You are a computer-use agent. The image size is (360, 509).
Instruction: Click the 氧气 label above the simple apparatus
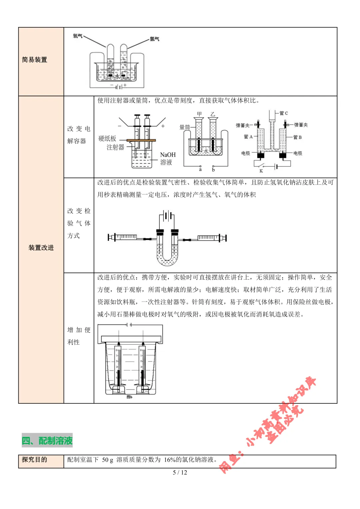click(x=78, y=36)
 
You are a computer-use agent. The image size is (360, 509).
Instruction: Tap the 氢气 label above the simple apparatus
click(x=154, y=39)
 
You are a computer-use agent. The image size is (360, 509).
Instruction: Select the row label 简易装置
click(x=35, y=60)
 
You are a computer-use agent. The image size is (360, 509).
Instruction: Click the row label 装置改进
click(x=41, y=248)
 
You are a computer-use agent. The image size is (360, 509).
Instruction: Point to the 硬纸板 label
click(x=107, y=139)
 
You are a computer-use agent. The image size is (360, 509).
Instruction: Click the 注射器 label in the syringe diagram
click(x=115, y=147)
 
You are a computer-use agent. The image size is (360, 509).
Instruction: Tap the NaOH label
click(x=168, y=155)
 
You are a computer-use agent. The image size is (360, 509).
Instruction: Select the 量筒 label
click(x=185, y=127)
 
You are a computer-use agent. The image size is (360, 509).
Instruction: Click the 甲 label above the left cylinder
click(x=199, y=114)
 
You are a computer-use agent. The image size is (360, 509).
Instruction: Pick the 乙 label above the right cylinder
click(x=213, y=114)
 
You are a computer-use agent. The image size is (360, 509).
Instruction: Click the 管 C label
click(x=284, y=113)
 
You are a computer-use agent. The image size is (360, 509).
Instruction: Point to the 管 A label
click(x=248, y=137)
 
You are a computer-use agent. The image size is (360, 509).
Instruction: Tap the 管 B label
click(x=298, y=137)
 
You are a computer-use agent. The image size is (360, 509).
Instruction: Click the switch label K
click(x=261, y=171)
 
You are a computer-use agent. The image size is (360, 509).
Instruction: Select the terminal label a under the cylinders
click(x=200, y=170)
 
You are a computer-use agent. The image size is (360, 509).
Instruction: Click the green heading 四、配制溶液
click(x=47, y=441)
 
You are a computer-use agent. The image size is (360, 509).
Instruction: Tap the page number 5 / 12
click(x=180, y=472)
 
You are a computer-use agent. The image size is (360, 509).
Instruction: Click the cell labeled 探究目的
click(x=35, y=460)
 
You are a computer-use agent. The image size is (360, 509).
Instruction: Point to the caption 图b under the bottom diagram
click(x=130, y=397)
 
